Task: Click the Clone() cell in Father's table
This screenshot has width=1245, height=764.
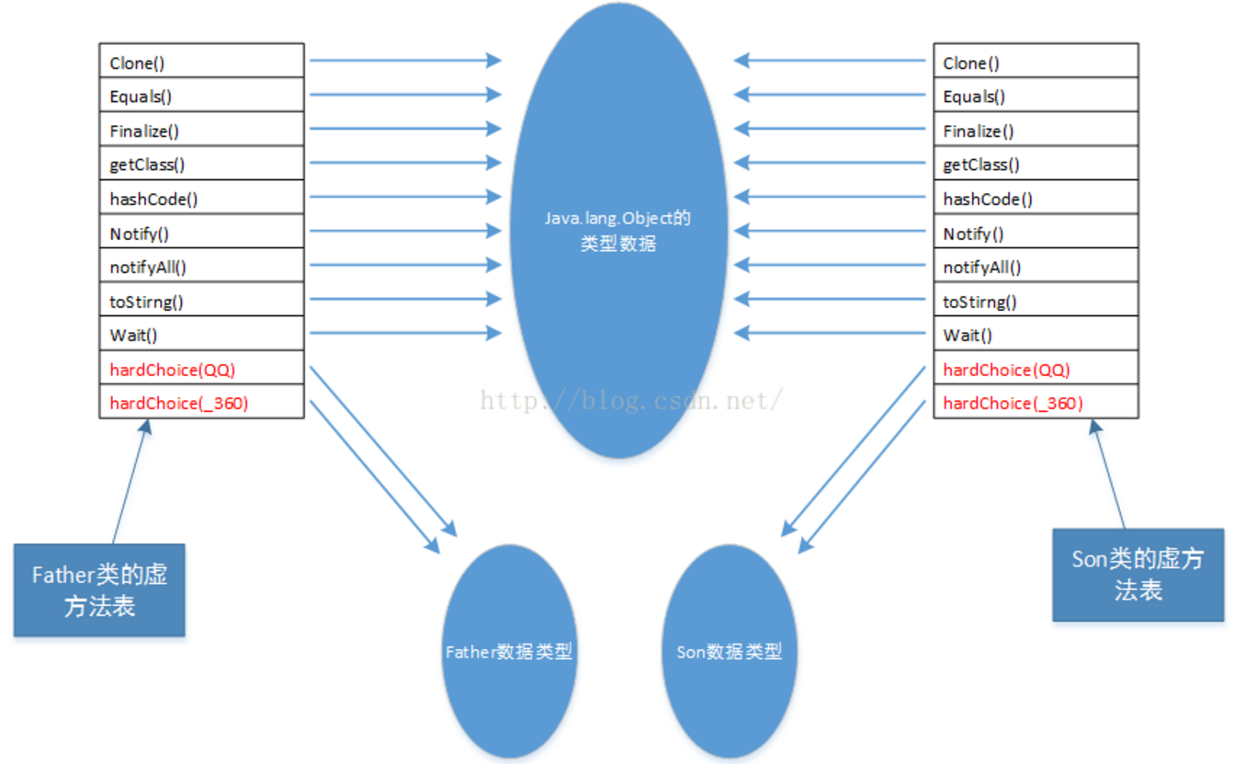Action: click(x=201, y=62)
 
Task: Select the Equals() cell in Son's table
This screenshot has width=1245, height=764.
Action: click(x=1036, y=96)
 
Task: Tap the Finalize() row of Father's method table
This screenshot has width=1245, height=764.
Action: click(x=201, y=130)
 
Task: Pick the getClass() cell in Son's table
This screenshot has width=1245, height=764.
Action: click(x=1036, y=164)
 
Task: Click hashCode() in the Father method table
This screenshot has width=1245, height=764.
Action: click(x=201, y=198)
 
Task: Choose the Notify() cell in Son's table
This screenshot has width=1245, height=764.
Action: click(x=1036, y=233)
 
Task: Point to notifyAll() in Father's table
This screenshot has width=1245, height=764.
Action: click(x=201, y=267)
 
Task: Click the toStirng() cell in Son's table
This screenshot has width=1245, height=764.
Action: click(x=1036, y=301)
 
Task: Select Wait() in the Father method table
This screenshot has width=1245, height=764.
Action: click(x=201, y=335)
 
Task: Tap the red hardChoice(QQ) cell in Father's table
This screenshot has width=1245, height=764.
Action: click(x=201, y=369)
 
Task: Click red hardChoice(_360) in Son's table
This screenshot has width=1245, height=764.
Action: click(x=1036, y=403)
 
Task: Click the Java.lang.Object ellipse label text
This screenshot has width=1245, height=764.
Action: click(x=618, y=231)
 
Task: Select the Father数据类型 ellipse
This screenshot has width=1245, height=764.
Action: click(x=509, y=651)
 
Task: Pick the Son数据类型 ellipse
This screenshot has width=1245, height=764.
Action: click(x=729, y=651)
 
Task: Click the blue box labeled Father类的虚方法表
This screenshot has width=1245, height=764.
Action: click(x=99, y=589)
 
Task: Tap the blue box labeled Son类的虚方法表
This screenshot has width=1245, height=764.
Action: click(x=1137, y=575)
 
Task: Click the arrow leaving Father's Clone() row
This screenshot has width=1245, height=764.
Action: click(x=404, y=61)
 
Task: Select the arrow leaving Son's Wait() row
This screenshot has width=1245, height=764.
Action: click(x=831, y=333)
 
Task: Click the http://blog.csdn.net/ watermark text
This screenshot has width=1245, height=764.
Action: click(x=632, y=399)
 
